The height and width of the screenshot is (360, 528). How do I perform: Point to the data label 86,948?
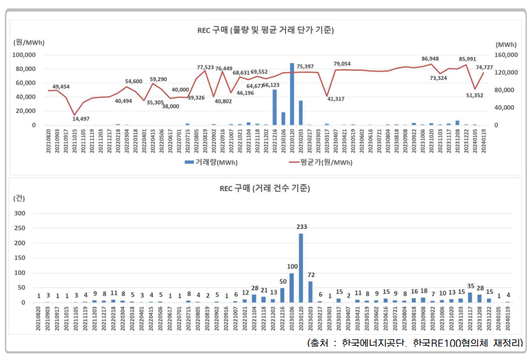(x=430, y=59)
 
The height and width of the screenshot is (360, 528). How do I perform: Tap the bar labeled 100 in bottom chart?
(x=292, y=288)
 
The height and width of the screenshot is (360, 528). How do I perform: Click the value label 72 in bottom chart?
(x=310, y=275)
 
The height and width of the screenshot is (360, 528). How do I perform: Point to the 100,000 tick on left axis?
(x=25, y=55)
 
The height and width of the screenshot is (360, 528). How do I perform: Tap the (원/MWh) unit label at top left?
(x=29, y=42)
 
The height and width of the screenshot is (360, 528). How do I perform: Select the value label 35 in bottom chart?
(x=470, y=286)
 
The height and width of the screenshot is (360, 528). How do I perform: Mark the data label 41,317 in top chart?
(x=335, y=99)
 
